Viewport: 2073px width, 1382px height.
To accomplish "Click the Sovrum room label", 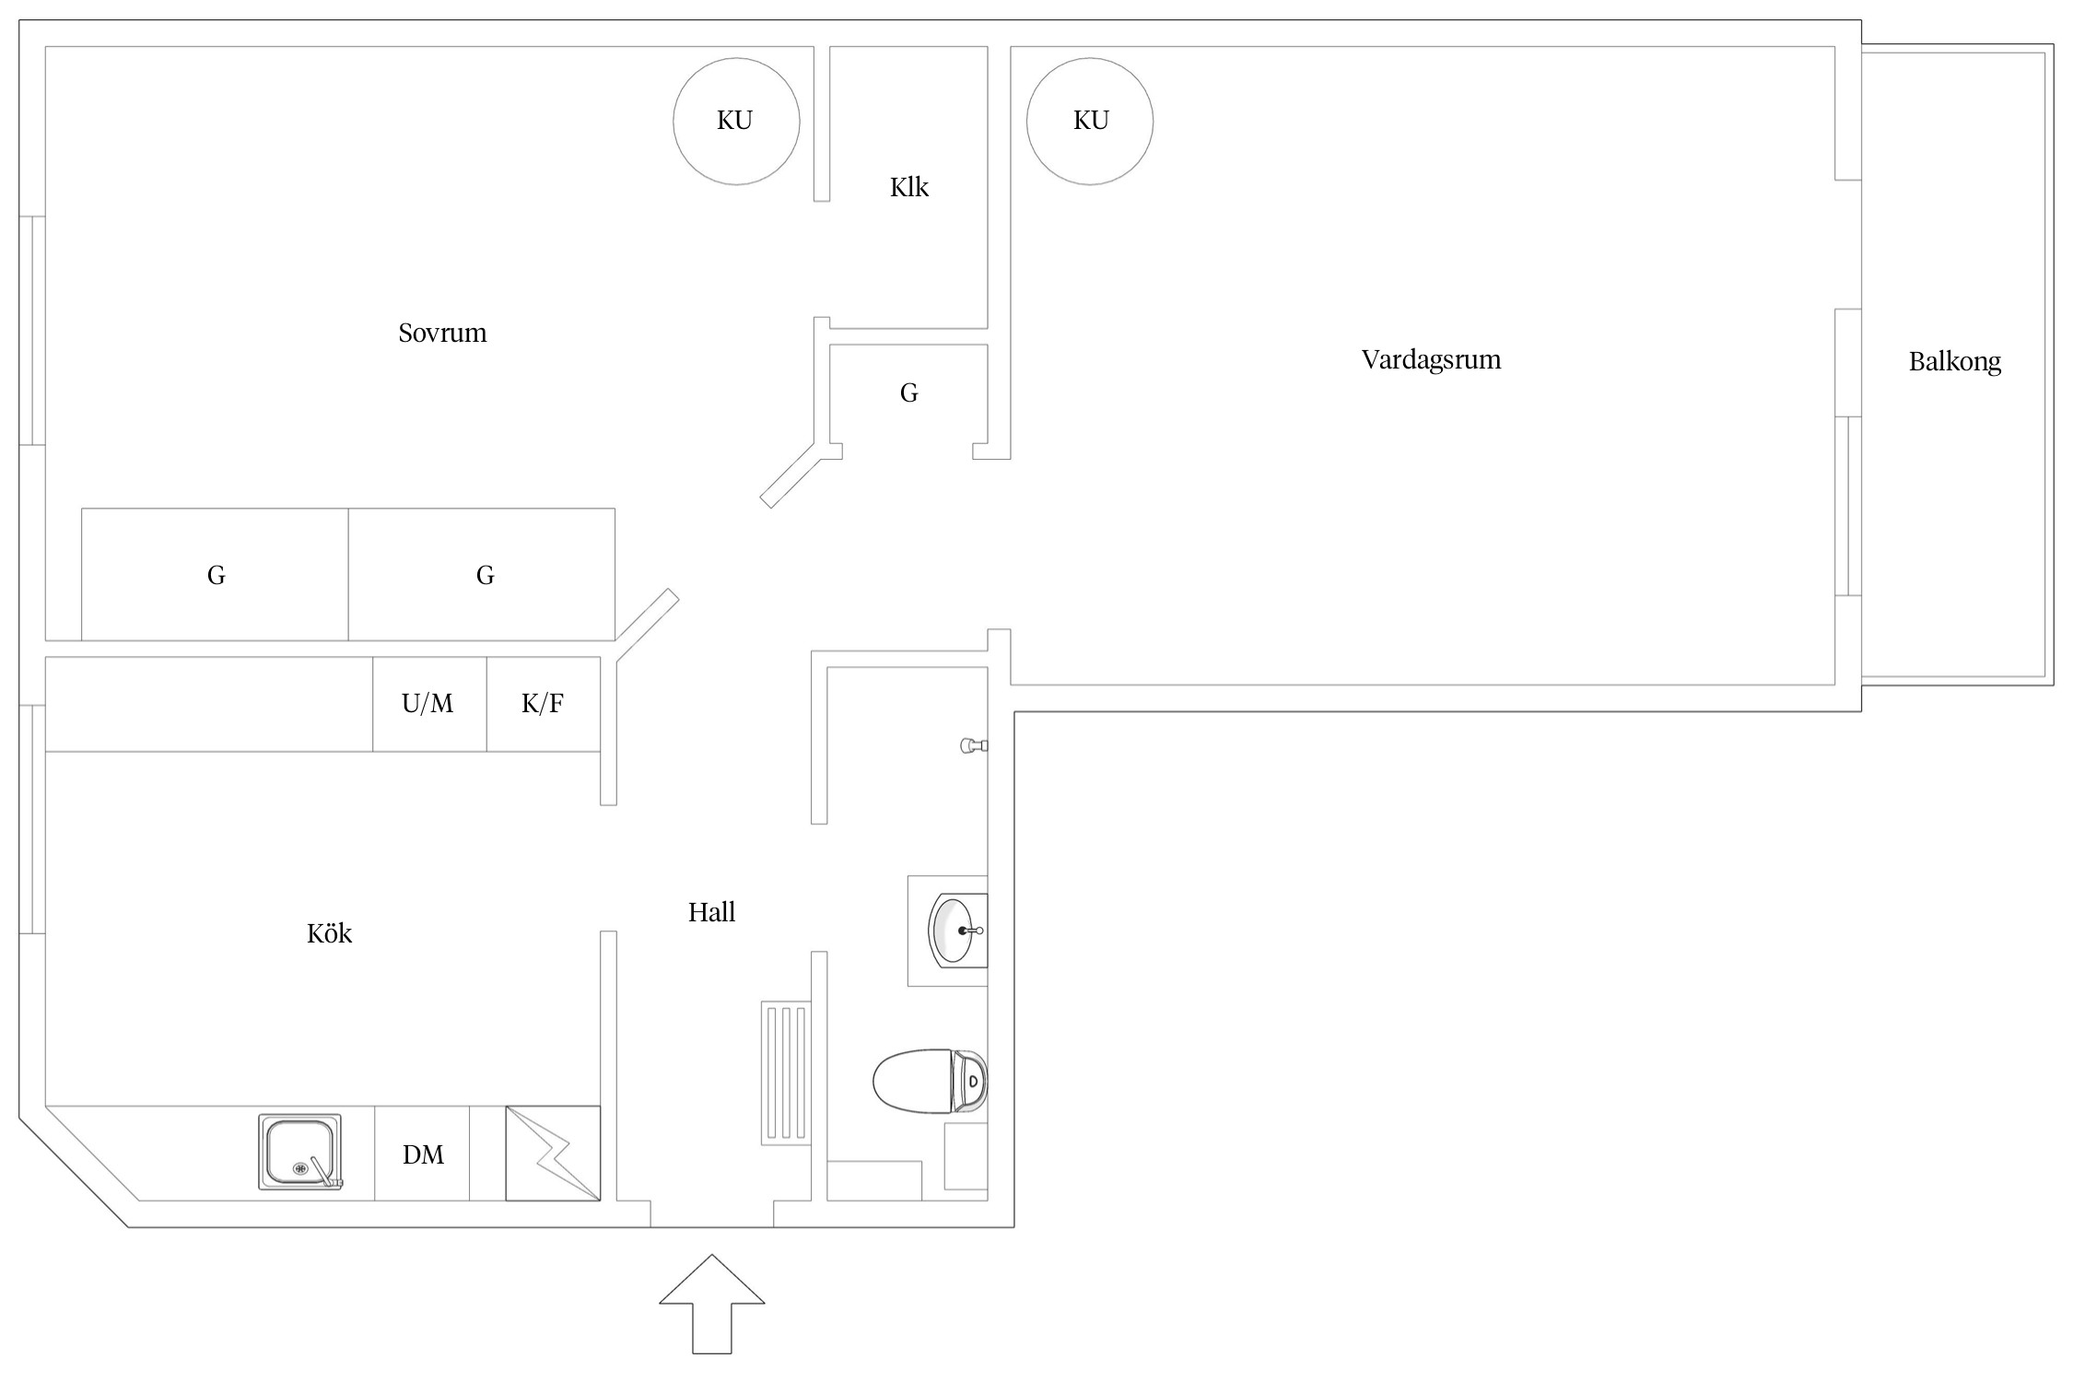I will [442, 333].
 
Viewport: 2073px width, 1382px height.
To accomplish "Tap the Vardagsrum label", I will [1431, 359].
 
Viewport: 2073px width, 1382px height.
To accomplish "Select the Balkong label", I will [1954, 361].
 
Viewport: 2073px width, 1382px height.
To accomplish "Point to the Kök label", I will [329, 933].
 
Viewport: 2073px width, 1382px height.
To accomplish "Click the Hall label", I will [711, 912].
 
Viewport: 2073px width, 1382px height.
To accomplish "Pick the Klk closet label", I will [908, 187].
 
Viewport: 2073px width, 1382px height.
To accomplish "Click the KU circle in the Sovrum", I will [736, 121].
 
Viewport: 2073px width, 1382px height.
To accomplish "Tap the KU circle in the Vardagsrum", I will [1090, 121].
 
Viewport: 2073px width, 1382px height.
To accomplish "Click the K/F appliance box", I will [544, 704].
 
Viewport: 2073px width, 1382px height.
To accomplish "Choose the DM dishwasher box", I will [423, 1154].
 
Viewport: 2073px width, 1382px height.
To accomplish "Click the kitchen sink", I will [300, 1153].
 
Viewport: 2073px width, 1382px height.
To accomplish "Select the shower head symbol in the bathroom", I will [972, 745].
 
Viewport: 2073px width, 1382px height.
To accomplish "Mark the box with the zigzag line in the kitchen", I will [553, 1154].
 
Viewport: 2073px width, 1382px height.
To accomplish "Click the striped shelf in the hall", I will [786, 1073].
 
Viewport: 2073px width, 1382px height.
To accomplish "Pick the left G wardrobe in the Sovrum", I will [215, 575].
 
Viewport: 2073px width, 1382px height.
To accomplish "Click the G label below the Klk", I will [908, 393].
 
